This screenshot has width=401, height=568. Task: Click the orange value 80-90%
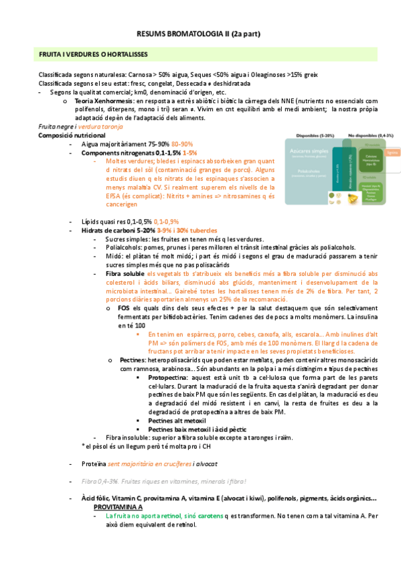[182, 144]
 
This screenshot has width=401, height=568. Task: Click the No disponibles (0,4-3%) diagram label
[365, 135]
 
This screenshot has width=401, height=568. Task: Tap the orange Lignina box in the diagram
[392, 152]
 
